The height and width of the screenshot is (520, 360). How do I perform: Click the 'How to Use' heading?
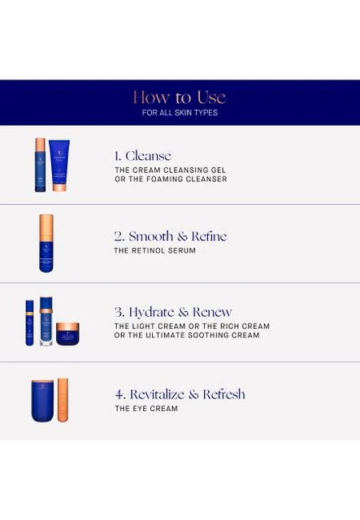[x=180, y=97]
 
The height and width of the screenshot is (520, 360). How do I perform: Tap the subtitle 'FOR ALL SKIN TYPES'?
[x=180, y=113]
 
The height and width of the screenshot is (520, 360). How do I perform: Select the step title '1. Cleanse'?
[x=143, y=156]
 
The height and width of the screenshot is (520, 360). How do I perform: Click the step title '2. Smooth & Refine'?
[x=171, y=236]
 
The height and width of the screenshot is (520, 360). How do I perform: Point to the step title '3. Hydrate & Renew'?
[x=173, y=312]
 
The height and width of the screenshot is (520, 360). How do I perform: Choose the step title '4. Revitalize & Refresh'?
[x=180, y=394]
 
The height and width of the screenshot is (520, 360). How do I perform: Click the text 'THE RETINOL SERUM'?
[x=154, y=251]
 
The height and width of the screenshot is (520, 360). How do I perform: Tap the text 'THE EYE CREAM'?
[x=146, y=409]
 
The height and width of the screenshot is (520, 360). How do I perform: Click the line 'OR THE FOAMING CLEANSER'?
[x=171, y=179]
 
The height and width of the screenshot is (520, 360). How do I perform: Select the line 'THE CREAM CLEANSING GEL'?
[x=170, y=170]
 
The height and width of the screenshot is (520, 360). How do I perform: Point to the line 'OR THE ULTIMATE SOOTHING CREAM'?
[x=187, y=336]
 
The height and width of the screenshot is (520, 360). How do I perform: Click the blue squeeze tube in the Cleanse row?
[x=59, y=166]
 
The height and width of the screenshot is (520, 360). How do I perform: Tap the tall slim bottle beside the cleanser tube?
[x=40, y=165]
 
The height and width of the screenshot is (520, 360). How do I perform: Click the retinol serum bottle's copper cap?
[x=46, y=228]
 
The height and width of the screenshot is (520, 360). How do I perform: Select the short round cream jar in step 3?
[x=67, y=334]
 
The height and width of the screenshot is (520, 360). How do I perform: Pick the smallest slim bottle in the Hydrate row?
[x=29, y=323]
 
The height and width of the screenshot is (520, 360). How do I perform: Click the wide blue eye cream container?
[x=42, y=401]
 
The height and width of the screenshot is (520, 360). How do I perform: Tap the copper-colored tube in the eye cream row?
[x=63, y=400]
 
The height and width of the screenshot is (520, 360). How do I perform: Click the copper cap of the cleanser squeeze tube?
[x=59, y=188]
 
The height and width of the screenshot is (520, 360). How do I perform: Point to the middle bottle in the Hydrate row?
[x=46, y=322]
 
